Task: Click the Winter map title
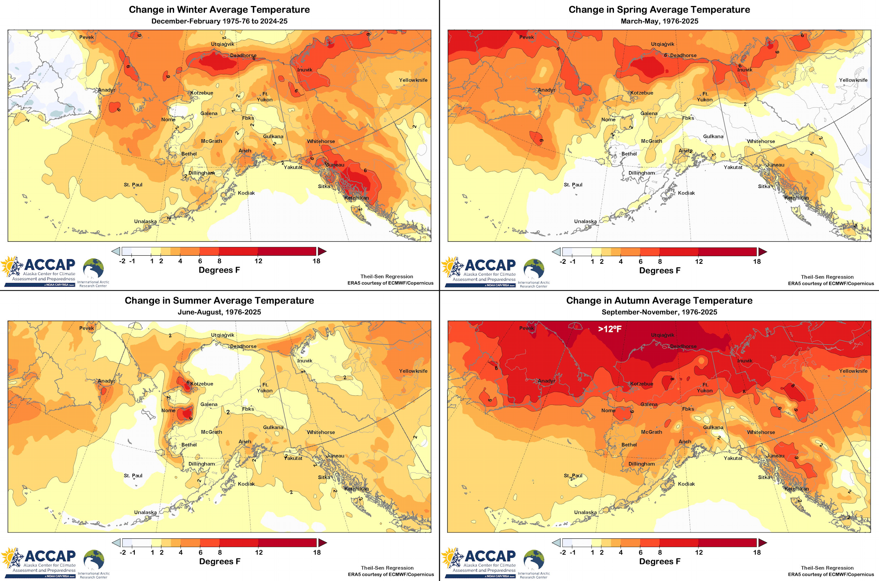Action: click(219, 9)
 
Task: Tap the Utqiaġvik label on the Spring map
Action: click(662, 44)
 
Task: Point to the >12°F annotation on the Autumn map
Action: click(610, 329)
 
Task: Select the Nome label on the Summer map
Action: click(168, 410)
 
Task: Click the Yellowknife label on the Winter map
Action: click(413, 80)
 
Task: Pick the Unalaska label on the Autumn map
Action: click(585, 512)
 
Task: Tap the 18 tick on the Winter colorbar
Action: click(316, 261)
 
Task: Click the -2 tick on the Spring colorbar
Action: click(563, 262)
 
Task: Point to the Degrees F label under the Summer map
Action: click(220, 561)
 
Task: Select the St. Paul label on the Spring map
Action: click(573, 185)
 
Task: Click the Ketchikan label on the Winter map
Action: click(356, 198)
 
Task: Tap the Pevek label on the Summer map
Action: click(87, 328)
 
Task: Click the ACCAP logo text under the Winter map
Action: click(50, 265)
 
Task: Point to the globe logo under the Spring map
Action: click(534, 269)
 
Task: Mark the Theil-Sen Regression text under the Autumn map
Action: click(827, 568)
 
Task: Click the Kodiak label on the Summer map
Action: click(246, 484)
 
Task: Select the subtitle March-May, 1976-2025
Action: click(659, 21)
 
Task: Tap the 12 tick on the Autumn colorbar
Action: click(699, 552)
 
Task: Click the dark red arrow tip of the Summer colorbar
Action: click(323, 543)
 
